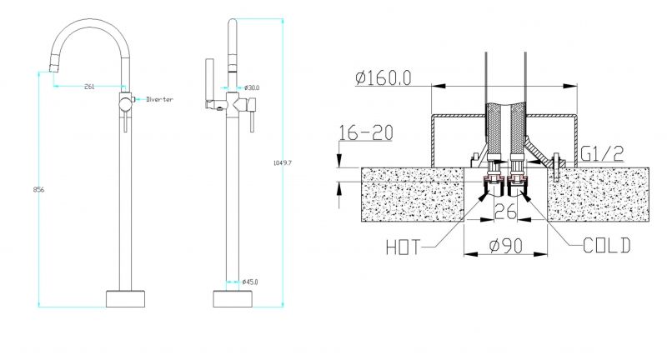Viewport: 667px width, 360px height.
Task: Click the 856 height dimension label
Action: tap(38, 189)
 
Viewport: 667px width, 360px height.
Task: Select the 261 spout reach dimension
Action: tap(89, 87)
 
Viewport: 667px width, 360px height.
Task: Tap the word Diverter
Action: tap(159, 99)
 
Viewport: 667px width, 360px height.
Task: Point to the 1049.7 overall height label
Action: tap(283, 162)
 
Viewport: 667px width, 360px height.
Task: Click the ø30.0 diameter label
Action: tap(253, 88)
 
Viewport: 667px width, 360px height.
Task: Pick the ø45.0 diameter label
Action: tap(250, 282)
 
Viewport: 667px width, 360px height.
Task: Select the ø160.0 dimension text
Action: tap(384, 77)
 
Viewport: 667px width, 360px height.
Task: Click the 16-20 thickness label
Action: tap(366, 133)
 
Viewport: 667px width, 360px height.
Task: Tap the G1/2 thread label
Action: tap(602, 153)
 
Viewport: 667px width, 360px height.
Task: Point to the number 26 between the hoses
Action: tap(506, 212)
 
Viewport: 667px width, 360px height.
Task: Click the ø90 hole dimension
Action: tap(506, 246)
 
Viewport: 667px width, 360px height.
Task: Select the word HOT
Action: tap(404, 247)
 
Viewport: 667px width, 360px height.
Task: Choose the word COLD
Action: tap(607, 246)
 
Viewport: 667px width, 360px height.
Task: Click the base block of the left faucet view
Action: tap(125, 299)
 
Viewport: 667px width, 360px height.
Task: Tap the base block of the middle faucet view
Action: tap(233, 299)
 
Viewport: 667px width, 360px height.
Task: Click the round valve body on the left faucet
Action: tap(124, 102)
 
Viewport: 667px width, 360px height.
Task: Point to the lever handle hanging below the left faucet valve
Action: tap(125, 121)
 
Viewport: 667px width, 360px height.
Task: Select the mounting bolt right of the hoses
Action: tap(556, 167)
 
